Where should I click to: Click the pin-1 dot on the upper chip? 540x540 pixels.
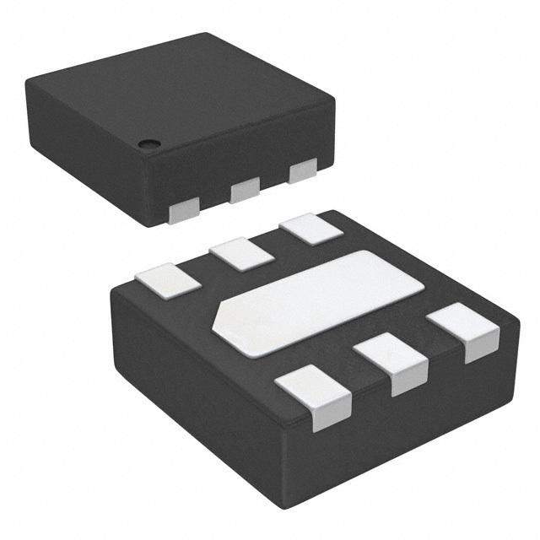pyautogui.click(x=148, y=142)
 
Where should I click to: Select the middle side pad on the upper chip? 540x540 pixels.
pyautogui.click(x=245, y=189)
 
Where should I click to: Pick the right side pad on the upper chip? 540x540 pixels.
pyautogui.click(x=302, y=171)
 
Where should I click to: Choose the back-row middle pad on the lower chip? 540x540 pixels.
pyautogui.click(x=241, y=252)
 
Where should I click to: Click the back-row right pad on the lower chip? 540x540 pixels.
pyautogui.click(x=307, y=230)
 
